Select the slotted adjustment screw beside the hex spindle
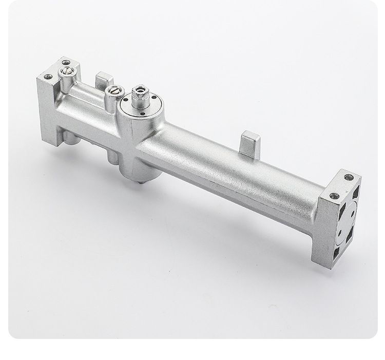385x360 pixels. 115,91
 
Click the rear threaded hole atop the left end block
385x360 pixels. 66,62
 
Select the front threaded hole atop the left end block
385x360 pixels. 48,77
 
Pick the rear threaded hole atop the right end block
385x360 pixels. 349,177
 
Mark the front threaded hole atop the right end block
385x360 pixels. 334,196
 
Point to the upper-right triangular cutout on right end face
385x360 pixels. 356,192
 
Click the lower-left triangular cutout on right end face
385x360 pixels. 337,252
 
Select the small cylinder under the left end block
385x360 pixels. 71,138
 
